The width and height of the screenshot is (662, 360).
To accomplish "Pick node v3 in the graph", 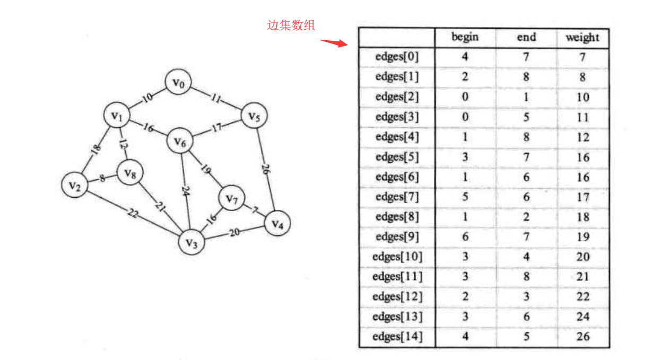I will coord(191,242).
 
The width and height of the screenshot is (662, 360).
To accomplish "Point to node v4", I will coord(277,224).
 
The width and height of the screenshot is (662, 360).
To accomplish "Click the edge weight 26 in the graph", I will coord(265,170).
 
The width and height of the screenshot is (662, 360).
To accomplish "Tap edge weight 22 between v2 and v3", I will coord(132,213).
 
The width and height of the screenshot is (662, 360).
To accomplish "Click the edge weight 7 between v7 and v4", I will coord(255,210).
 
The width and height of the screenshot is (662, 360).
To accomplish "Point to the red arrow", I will coord(334,42).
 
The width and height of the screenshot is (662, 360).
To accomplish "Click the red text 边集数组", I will coord(291,25).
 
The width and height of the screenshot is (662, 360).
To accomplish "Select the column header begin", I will coord(465,37).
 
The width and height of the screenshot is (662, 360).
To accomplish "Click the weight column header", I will coord(582,38).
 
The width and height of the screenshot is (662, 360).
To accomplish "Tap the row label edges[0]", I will coord(397,57).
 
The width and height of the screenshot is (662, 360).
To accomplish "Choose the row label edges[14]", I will coord(397,337).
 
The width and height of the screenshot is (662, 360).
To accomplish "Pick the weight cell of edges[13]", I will coord(582,317).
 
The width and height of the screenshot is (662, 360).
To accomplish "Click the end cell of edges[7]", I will coord(526,197).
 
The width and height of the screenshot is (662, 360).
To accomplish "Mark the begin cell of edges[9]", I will coord(465,237).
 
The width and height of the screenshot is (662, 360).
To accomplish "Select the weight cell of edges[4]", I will coord(582,137).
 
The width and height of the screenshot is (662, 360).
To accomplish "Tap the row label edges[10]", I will coord(397,257).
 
